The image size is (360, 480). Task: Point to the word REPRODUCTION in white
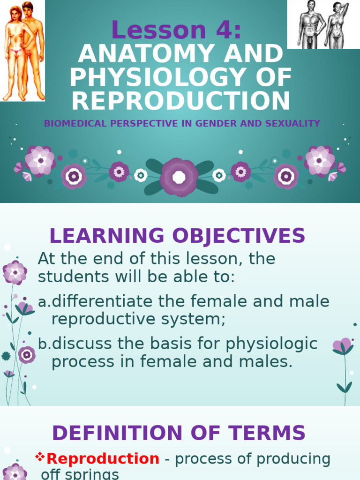click(x=181, y=101)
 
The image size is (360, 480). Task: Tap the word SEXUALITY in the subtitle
click(x=297, y=124)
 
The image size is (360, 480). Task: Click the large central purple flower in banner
click(x=179, y=177)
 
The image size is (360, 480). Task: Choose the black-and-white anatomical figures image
click(x=323, y=24)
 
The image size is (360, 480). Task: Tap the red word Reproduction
click(x=103, y=459)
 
